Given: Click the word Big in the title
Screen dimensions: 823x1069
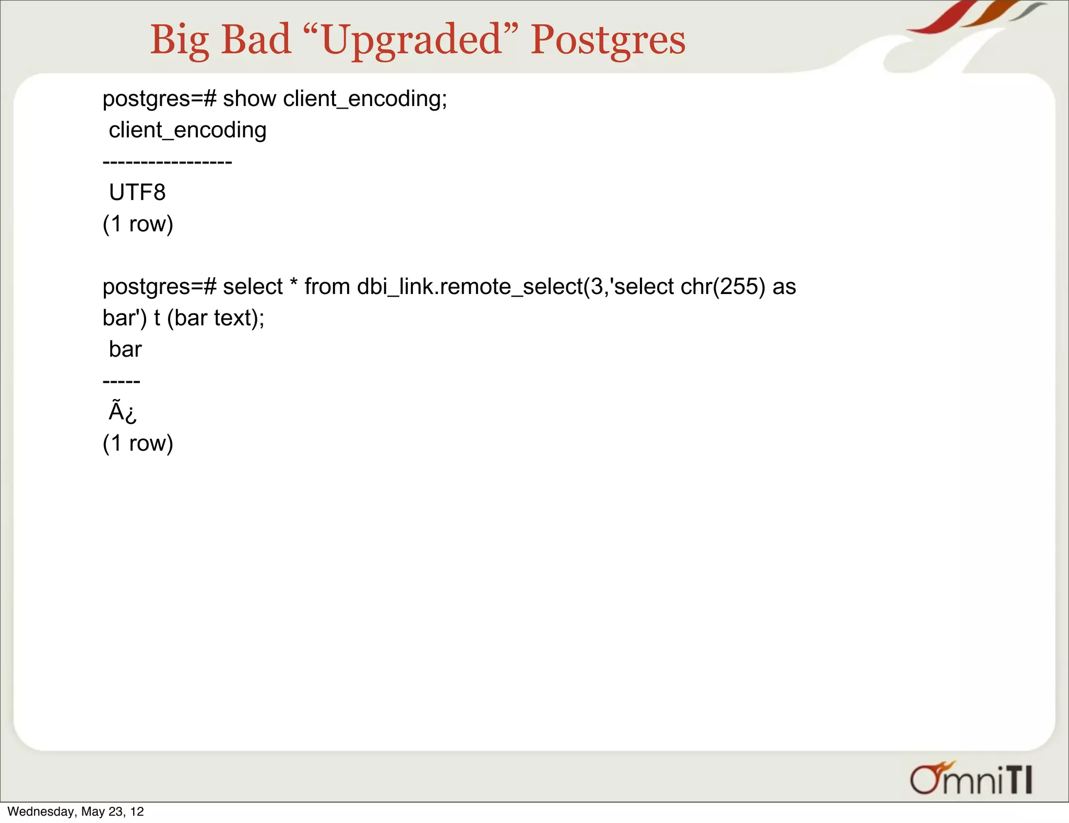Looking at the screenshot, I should tap(180, 40).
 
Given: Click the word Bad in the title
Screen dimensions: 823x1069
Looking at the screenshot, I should tap(256, 40).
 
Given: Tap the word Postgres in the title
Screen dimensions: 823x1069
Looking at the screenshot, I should tap(608, 40).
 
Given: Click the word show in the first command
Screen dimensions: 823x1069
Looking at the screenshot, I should tap(250, 99).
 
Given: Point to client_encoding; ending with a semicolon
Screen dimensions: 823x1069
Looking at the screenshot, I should tap(365, 99).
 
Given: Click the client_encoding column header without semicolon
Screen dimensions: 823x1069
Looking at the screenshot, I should tap(187, 130).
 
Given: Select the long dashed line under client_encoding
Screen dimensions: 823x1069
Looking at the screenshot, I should tap(167, 162).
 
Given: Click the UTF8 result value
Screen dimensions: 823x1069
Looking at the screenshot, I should tap(137, 193).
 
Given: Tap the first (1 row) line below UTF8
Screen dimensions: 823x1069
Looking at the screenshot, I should tap(138, 224).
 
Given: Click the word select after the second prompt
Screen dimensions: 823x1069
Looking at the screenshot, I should tap(253, 287).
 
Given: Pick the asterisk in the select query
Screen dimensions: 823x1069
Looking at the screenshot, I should tap(293, 284).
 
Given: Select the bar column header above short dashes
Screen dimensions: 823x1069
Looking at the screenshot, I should tap(125, 349).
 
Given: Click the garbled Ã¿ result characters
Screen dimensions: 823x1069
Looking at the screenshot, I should tap(123, 411).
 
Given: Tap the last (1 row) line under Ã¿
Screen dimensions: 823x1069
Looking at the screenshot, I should tap(138, 443).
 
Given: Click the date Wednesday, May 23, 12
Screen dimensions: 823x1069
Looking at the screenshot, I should tap(76, 812).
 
